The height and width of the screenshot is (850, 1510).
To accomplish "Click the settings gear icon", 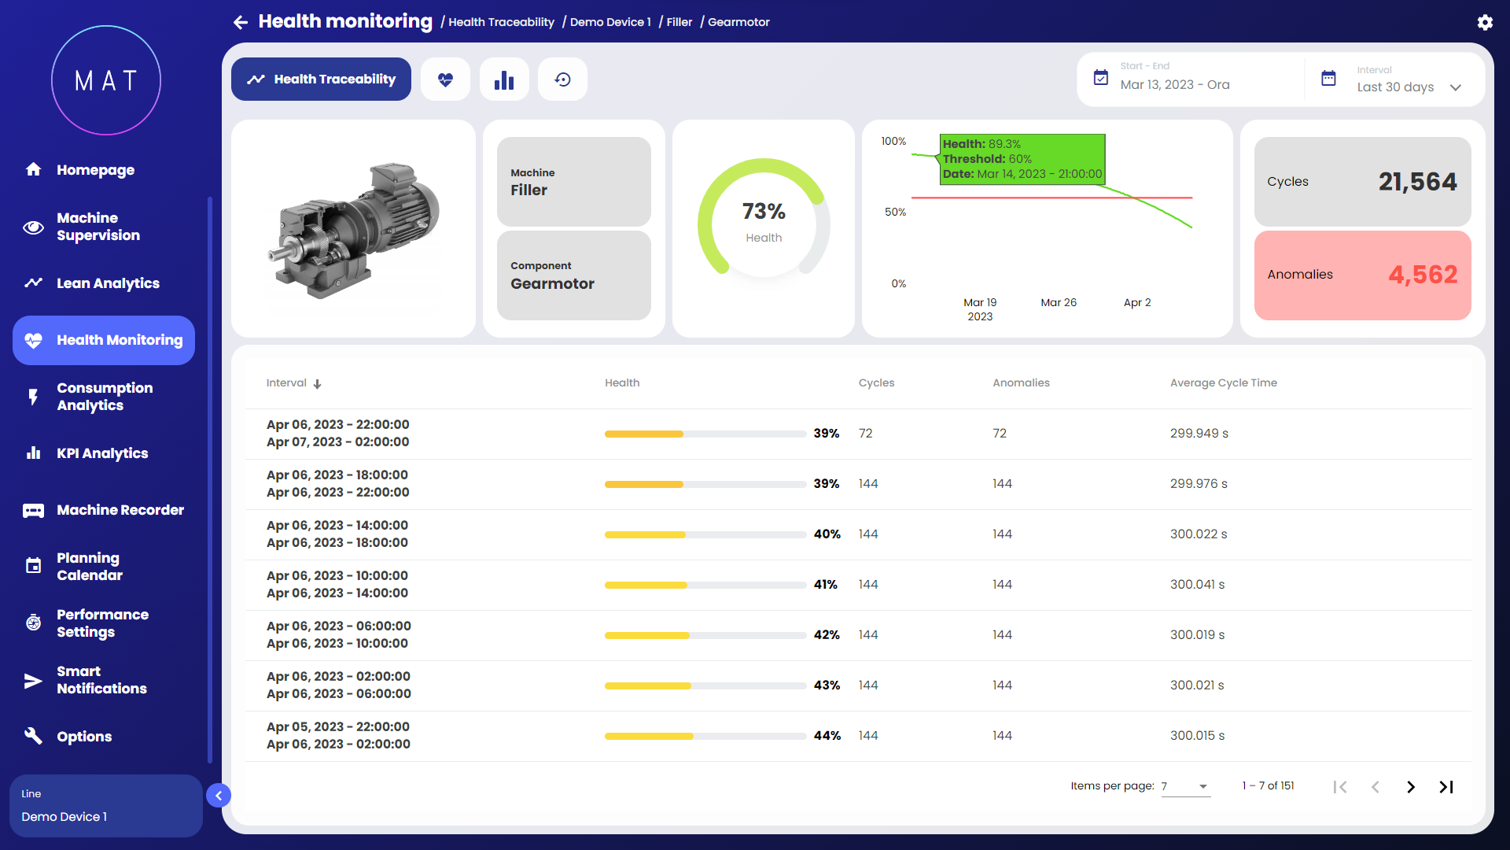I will [1485, 22].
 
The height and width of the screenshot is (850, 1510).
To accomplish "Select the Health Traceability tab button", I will [321, 79].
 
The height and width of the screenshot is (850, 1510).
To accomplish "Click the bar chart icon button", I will [504, 79].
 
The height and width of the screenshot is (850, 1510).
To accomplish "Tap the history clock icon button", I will [562, 79].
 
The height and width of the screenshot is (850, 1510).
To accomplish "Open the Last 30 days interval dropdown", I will [1408, 87].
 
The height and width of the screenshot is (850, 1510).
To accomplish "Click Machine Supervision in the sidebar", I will [98, 227].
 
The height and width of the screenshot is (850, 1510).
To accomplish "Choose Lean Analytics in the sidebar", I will [108, 283].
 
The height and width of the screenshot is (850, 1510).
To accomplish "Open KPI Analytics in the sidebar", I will [102, 453].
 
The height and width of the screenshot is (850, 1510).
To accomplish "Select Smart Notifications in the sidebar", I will [101, 680].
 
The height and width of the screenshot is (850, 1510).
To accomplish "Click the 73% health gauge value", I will [764, 211].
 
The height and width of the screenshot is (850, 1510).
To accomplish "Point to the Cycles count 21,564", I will [1417, 182].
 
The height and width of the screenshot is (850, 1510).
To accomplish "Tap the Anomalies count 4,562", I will [1423, 275].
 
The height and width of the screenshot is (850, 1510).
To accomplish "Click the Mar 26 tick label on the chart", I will [1059, 303].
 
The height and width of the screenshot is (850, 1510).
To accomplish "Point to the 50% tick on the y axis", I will [895, 213].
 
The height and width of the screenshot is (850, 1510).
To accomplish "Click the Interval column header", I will [287, 383].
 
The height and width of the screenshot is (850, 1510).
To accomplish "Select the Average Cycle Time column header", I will [1223, 383].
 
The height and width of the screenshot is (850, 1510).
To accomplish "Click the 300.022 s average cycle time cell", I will [1198, 534].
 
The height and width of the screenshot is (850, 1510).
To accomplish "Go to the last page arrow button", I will [1446, 787].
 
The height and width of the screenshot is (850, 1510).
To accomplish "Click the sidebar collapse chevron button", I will [219, 796].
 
